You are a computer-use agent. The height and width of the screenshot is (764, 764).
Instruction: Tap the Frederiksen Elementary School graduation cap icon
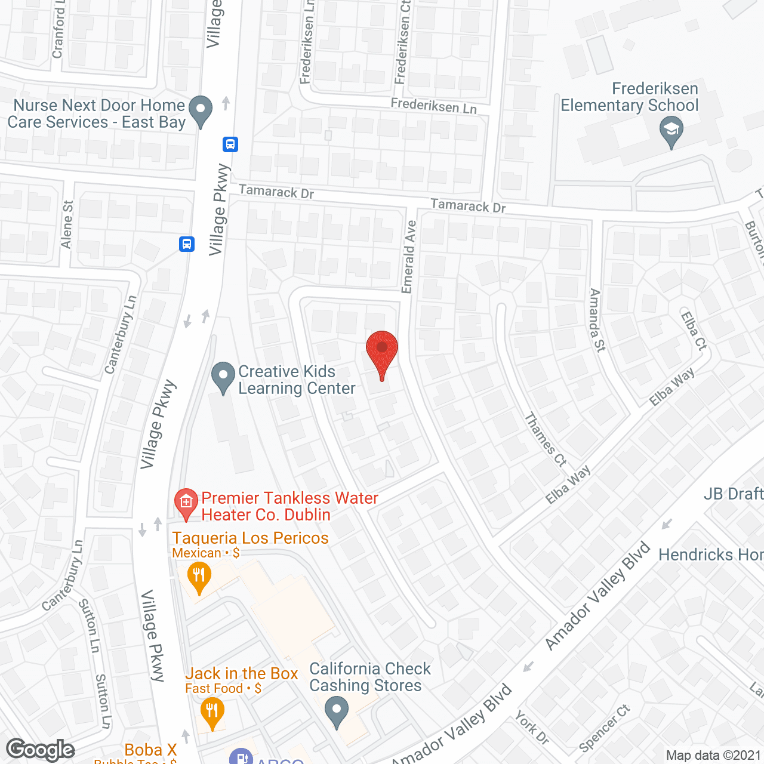671,131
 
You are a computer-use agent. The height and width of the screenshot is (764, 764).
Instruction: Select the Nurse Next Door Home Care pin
201,111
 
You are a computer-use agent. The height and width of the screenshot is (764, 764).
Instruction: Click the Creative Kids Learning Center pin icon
223,378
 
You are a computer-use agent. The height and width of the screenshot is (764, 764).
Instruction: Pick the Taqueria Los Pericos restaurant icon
199,578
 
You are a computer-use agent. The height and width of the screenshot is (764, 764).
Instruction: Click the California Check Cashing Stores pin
337,712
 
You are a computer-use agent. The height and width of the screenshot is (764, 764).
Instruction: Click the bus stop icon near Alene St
187,244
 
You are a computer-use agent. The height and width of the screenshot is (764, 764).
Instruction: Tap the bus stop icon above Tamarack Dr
230,144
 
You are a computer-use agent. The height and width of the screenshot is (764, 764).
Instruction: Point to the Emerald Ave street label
409,257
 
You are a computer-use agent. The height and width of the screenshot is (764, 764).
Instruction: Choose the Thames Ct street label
545,439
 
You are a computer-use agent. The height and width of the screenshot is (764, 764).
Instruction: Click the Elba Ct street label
694,330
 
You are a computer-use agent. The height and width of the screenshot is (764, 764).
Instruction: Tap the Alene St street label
67,224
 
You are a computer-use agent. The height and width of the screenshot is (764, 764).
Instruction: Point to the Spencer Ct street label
605,728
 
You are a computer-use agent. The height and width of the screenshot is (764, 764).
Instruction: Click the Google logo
40,750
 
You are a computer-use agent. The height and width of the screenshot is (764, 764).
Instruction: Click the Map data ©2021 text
713,755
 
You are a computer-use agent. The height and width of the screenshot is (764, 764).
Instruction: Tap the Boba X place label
150,750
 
